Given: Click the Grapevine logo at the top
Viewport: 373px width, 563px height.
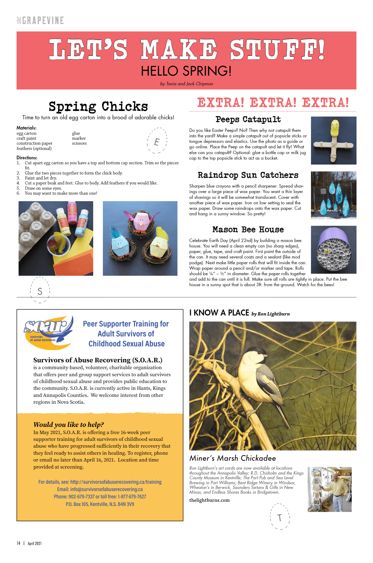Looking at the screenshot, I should pos(40,20).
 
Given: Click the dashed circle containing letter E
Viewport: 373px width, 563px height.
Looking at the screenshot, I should pos(157,140).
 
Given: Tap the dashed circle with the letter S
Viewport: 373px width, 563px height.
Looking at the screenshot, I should pos(40,290).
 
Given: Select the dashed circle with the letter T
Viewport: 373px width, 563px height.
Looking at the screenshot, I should pos(280,516).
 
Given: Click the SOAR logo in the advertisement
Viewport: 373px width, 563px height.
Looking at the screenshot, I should pos(48,332).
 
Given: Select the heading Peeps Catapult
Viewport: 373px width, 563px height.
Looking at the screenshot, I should pos(248,120).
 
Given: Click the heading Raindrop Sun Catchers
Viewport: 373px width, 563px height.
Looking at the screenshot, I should pos(248,175).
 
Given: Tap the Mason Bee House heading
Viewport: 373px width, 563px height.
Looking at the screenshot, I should pos(248,230).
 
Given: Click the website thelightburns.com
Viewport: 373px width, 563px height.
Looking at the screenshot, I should pos(209,500).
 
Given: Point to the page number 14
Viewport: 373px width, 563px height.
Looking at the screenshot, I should pos(18,543).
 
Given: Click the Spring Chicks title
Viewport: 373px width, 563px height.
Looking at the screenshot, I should pos(98,106).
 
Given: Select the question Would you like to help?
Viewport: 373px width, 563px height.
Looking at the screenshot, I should pos(69,424).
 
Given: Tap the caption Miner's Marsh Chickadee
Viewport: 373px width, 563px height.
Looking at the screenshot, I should pos(232,458).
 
